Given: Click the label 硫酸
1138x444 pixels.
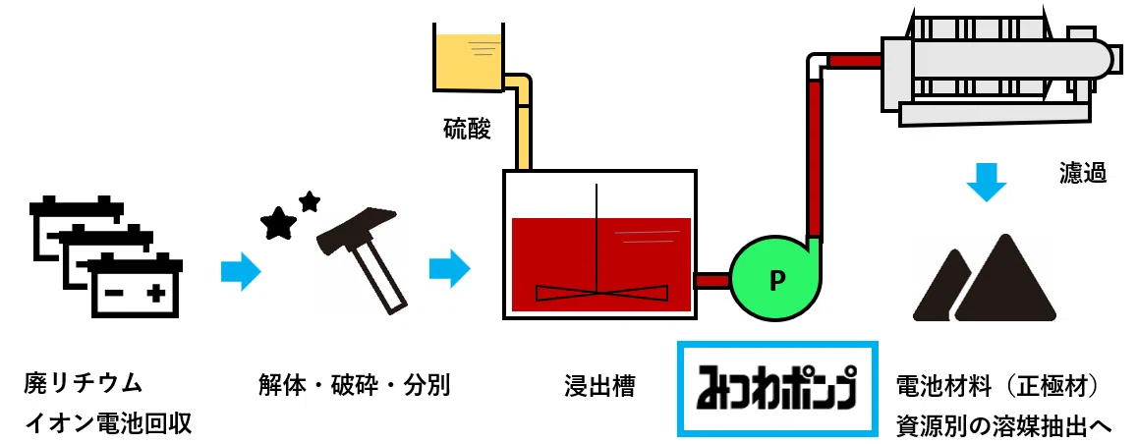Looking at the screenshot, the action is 468,130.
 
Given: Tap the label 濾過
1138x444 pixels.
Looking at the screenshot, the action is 1082,174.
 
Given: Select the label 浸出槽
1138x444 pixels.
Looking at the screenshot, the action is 599,386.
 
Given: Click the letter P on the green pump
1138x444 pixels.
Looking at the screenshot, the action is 776,280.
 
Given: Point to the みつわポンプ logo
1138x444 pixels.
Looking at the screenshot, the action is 777,389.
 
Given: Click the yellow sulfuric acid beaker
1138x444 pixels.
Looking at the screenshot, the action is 468,58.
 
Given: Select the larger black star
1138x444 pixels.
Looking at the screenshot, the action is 279,223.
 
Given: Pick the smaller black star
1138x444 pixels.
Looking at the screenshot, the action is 310,201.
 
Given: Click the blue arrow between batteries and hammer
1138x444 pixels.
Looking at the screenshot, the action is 241,272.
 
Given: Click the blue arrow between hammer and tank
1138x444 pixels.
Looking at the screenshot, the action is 450,267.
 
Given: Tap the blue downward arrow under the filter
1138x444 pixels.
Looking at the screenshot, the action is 987,182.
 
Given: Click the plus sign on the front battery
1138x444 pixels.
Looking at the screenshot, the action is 154,294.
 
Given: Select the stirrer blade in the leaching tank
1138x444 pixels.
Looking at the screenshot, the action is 601,293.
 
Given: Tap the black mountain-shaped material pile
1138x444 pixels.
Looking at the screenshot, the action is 984,278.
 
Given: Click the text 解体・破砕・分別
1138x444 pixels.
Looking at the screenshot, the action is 354,385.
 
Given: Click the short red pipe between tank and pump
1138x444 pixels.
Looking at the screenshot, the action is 712,280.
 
